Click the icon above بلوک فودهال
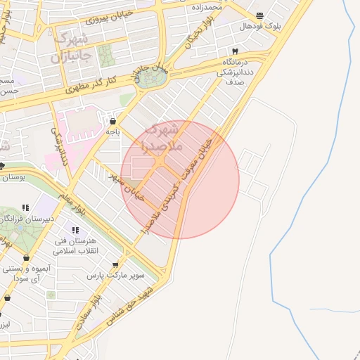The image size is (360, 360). tap(260, 15)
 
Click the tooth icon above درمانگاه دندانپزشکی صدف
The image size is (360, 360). tap(235, 51)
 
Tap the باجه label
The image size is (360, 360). tap(113, 131)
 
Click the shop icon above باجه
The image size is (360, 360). tap(113, 122)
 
